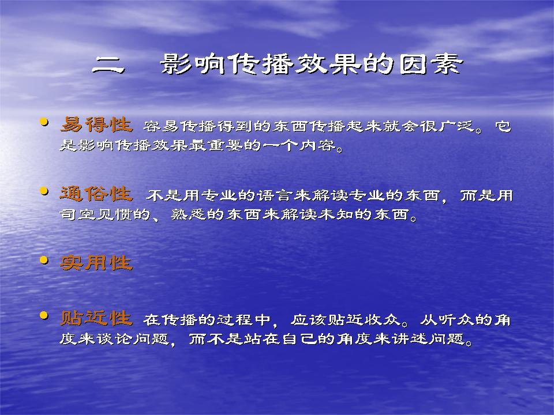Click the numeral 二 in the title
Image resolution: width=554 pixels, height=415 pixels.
coord(108,65)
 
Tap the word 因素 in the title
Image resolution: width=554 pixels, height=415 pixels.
coord(431,64)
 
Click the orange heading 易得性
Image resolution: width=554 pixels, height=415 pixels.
coord(96,124)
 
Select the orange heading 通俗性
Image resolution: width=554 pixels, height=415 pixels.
coord(96,194)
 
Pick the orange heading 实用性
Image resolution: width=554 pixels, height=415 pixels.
coord(96,263)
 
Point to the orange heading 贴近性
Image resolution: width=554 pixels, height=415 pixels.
coord(96,318)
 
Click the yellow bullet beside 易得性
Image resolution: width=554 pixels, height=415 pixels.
coord(44,122)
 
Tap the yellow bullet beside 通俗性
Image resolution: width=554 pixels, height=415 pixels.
coord(44,191)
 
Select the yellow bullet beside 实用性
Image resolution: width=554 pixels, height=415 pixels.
coord(44,261)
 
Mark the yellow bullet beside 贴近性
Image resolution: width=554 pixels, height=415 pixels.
coord(44,315)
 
